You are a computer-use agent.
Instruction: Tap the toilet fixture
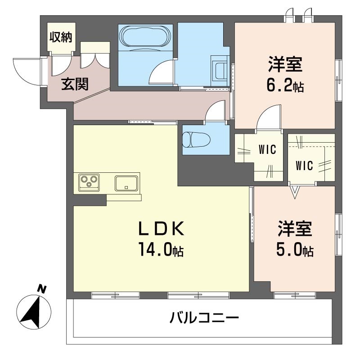tap(194, 139)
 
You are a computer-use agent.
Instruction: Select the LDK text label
tap(161, 229)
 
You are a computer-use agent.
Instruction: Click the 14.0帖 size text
tap(161, 251)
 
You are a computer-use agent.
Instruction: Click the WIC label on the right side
tap(304, 166)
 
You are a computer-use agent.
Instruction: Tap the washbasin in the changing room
tap(221, 70)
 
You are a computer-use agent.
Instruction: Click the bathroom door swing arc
tap(161, 72)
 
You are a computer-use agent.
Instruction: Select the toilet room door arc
tap(216, 111)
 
